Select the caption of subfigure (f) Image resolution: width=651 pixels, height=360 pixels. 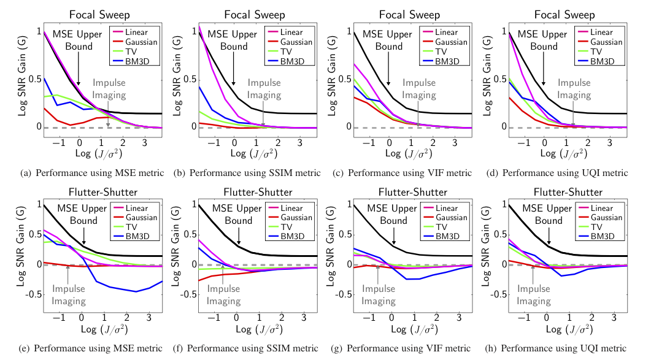pyautogui.click(x=248, y=348)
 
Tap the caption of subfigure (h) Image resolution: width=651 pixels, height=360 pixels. pyautogui.click(x=560, y=348)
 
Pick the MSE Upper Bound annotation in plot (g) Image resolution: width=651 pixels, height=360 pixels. pyautogui.click(x=393, y=215)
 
